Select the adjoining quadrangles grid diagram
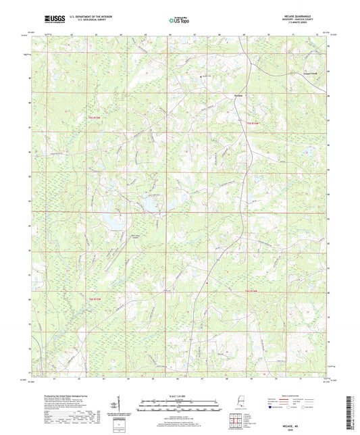pyautogui.click(x=234, y=419)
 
